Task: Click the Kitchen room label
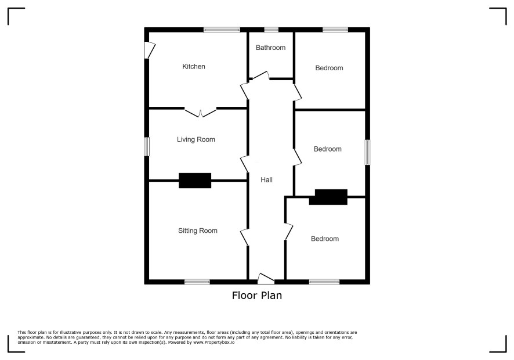194,67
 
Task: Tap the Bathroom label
270,48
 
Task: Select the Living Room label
196,139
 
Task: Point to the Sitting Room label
198,231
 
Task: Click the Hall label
266,180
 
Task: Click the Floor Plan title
257,296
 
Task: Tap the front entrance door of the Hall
266,279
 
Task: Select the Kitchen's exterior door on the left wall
150,50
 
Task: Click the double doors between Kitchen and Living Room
201,112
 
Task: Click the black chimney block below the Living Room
195,181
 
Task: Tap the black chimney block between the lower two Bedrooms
328,197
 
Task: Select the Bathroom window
271,30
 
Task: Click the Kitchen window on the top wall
222,30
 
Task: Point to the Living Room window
147,146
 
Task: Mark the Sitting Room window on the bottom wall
197,282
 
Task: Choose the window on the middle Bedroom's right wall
367,152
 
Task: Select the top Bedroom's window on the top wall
335,30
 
